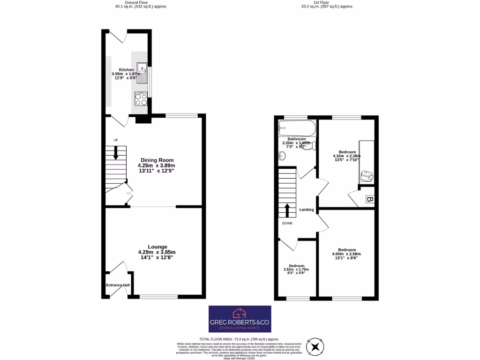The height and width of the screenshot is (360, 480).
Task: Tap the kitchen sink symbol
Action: [x=142, y=73]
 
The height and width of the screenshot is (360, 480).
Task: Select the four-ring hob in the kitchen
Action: [x=142, y=98]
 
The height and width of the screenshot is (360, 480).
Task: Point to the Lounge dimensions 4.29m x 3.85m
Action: [x=157, y=252]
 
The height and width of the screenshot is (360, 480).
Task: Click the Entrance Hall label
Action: [x=118, y=285]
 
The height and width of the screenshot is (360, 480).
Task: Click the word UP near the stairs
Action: [x=115, y=140]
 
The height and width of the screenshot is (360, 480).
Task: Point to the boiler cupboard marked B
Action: [x=369, y=200]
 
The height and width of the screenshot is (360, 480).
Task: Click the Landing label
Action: [x=307, y=210]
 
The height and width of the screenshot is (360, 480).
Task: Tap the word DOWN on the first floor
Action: [x=287, y=223]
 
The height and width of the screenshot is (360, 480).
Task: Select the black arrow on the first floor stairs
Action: [x=287, y=210]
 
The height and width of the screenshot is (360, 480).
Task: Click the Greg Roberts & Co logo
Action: [x=240, y=319]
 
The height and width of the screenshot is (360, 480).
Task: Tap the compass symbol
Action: [x=315, y=347]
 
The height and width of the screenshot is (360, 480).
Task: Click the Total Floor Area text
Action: [x=239, y=338]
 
